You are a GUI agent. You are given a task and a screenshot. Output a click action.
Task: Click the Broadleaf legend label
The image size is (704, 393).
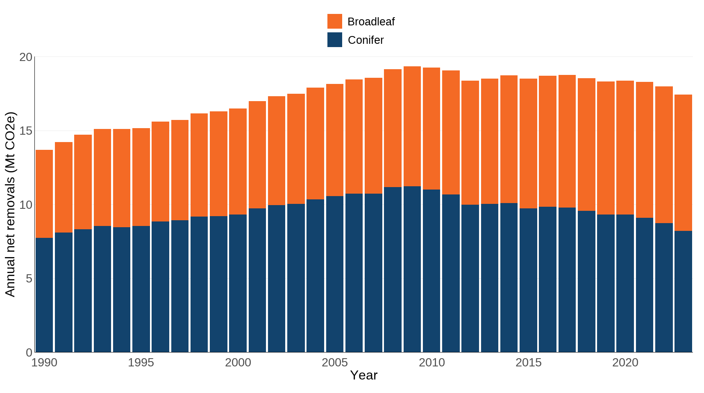tap(371, 22)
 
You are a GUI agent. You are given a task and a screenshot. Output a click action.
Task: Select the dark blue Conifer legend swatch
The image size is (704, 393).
tap(334, 40)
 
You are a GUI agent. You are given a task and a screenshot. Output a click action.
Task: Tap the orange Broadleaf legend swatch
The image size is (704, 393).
tap(334, 21)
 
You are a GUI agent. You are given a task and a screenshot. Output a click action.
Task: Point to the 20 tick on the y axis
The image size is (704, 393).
tap(25, 57)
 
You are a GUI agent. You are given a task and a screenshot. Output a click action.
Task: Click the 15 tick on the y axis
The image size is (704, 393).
tap(25, 131)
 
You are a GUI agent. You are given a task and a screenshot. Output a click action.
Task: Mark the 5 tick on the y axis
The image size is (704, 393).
tap(29, 279)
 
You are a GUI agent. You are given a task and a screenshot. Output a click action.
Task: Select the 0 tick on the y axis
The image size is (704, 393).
tap(29, 352)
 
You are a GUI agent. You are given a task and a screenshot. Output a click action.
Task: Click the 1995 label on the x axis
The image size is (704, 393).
tap(141, 363)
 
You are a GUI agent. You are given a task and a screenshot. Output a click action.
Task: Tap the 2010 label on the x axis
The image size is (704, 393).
tap(431, 363)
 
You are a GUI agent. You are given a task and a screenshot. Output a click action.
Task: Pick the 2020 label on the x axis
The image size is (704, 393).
tap(625, 363)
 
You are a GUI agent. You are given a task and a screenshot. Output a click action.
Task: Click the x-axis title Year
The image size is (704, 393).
tap(363, 375)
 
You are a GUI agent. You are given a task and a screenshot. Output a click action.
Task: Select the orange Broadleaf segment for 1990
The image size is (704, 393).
tap(44, 194)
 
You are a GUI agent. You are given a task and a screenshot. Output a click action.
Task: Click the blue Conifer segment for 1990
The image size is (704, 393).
tap(44, 295)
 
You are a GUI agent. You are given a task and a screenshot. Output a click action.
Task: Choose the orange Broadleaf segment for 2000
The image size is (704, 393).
tap(238, 161)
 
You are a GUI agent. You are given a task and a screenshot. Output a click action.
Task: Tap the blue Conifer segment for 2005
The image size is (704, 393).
tap(335, 274)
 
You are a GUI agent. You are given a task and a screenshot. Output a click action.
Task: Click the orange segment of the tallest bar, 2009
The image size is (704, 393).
tap(412, 126)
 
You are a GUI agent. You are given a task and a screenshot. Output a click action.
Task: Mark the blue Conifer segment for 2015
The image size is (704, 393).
tap(528, 280)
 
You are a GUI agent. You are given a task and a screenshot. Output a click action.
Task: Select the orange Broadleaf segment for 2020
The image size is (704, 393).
tap(625, 147)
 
